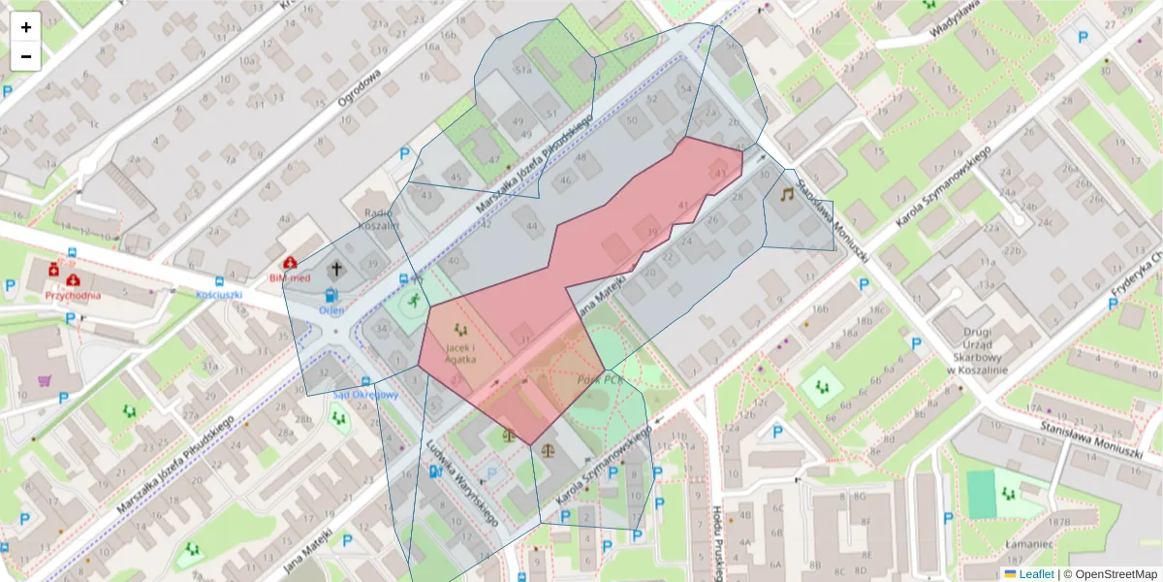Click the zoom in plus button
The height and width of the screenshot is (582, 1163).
26,27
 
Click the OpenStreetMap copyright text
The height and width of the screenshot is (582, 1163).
1115,574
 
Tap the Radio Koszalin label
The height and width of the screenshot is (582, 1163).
380,218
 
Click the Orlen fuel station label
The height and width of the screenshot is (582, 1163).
331,310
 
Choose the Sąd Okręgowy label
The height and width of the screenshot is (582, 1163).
365,395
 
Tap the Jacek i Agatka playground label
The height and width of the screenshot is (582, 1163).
459,351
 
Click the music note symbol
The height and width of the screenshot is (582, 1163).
787,194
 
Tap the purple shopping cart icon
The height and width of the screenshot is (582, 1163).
45,380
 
